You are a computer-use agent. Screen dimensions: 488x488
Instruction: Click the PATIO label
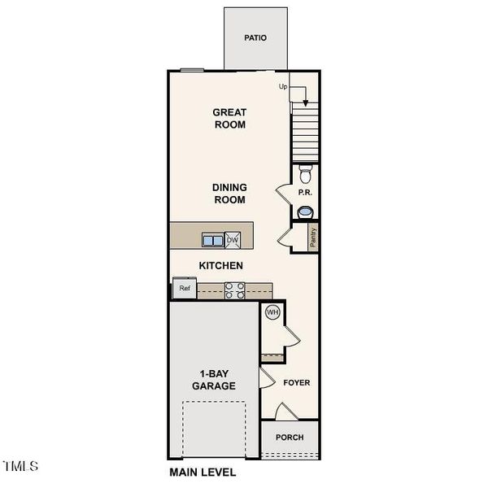[255, 38]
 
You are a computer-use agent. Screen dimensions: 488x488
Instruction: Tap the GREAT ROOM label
[229, 119]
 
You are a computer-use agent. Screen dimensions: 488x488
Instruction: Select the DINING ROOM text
[230, 194]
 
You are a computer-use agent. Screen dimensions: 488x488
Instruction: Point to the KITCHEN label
[221, 266]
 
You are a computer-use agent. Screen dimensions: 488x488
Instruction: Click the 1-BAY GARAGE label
[214, 380]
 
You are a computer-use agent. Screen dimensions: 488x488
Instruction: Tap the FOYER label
[297, 382]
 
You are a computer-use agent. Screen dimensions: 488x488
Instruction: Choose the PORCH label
[290, 438]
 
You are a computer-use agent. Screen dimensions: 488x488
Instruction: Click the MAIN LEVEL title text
[203, 472]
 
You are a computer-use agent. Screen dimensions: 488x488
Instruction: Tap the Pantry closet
[312, 237]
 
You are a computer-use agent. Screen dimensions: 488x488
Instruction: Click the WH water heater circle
[272, 312]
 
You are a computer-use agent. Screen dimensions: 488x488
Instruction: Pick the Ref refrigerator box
[185, 288]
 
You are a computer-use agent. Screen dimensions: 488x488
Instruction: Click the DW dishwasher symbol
[233, 240]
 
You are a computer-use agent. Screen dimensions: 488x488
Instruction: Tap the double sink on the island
[213, 240]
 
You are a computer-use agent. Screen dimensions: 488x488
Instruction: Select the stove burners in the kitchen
[234, 290]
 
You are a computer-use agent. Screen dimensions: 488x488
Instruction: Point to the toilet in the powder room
[306, 174]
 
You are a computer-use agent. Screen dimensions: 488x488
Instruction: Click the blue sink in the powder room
[306, 212]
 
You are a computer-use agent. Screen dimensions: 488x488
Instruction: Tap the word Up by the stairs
[284, 86]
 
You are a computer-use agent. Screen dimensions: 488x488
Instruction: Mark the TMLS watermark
[21, 467]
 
